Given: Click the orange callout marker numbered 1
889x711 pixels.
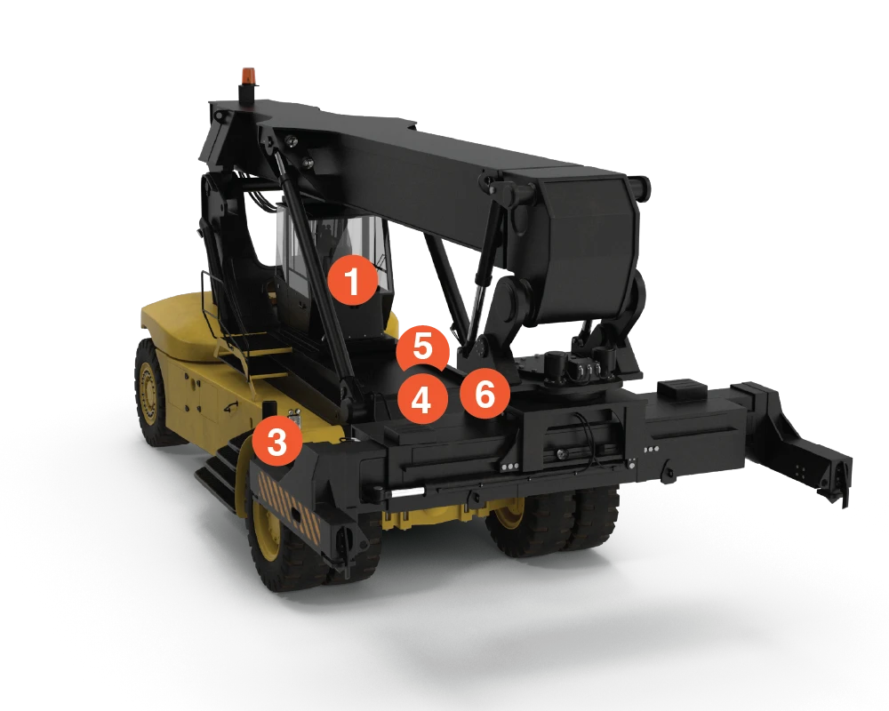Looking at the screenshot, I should [x=353, y=283].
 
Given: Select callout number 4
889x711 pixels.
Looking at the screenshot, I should [x=421, y=400].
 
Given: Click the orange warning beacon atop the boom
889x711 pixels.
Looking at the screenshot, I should [x=247, y=76].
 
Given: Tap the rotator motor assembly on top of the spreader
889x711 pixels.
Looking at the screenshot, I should [x=578, y=364].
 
